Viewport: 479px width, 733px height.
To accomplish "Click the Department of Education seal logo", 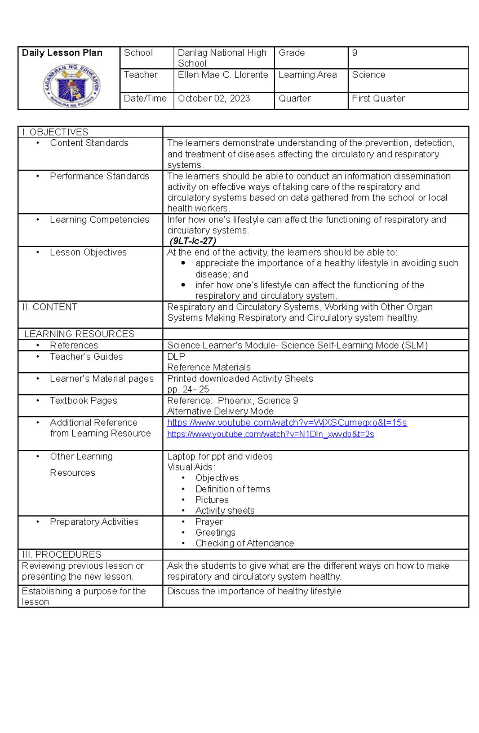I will [x=72, y=85].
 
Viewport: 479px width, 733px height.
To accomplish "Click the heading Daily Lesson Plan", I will [x=62, y=53].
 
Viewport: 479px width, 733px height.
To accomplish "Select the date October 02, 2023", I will [x=214, y=98].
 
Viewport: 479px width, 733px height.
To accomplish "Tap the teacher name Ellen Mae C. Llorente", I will [x=223, y=75].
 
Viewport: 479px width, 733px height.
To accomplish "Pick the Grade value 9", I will [x=354, y=53].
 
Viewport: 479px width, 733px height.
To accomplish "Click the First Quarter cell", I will [x=378, y=98].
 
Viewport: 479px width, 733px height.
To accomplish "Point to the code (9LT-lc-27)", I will [x=193, y=241].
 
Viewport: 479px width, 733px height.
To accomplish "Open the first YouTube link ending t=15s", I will [x=287, y=423].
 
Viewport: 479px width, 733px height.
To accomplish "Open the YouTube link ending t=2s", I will [x=270, y=434].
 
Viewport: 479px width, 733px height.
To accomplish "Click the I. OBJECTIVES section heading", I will [x=55, y=132].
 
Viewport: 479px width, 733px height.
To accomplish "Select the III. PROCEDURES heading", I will [x=61, y=554].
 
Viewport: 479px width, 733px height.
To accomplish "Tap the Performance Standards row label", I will [x=99, y=176].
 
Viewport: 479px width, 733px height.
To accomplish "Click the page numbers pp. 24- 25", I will [x=188, y=389].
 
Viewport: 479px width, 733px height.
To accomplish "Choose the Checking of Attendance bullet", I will [x=244, y=543].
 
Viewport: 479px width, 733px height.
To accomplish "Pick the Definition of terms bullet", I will [x=232, y=489].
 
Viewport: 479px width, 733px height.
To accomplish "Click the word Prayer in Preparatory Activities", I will [x=209, y=522].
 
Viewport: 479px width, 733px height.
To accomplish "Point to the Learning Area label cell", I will [x=307, y=75].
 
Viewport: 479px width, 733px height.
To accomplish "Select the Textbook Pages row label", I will [x=83, y=401].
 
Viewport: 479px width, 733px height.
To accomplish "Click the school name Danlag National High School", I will [x=222, y=58].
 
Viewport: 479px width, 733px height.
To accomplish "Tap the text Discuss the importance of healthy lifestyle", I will [x=255, y=591].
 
